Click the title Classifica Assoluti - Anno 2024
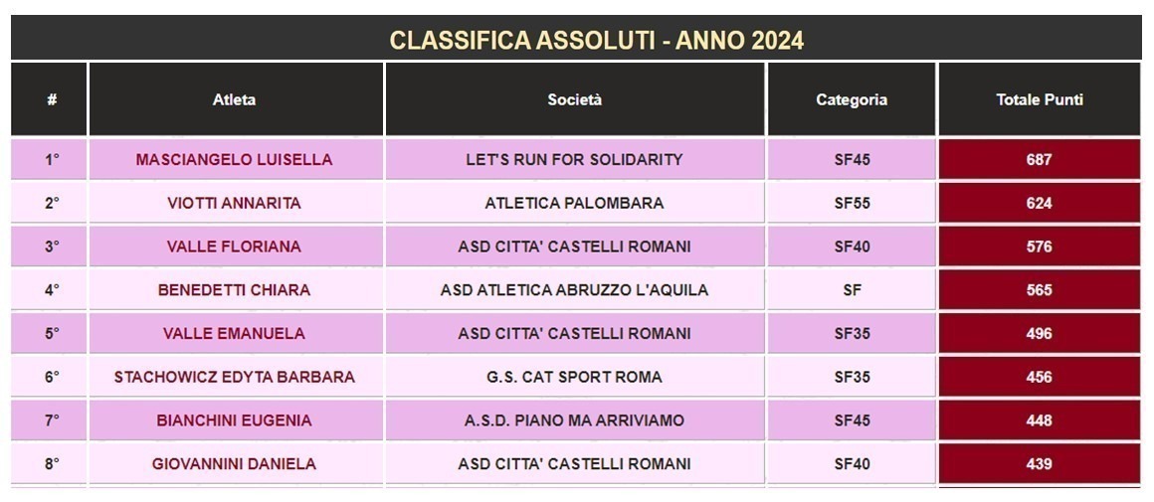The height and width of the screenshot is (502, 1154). point(596,40)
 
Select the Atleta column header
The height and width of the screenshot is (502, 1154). point(234,100)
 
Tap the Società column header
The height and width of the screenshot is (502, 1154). point(575,100)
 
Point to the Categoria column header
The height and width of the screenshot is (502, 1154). point(852,100)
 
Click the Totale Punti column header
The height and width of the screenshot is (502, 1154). point(1040,100)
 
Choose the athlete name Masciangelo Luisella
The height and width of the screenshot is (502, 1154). point(234,159)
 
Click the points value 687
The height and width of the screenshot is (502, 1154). point(1040,159)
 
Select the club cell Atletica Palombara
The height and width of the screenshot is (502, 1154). point(575,203)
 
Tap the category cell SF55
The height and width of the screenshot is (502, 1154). point(853,203)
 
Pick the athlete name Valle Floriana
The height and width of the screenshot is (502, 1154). point(234,247)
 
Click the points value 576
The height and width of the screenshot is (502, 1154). point(1040,247)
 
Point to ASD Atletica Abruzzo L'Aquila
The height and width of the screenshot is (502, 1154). point(575,290)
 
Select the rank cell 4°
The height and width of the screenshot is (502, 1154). point(52,290)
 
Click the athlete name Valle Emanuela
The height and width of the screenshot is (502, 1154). point(234,334)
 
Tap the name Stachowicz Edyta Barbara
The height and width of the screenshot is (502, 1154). point(234,377)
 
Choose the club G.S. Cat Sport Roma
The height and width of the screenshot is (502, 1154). point(575,377)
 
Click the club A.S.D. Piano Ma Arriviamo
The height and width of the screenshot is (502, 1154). point(575,420)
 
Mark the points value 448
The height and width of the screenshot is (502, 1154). point(1040,420)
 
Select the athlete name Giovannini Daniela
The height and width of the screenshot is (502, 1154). point(234,464)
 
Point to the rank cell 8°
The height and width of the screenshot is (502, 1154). point(52,464)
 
